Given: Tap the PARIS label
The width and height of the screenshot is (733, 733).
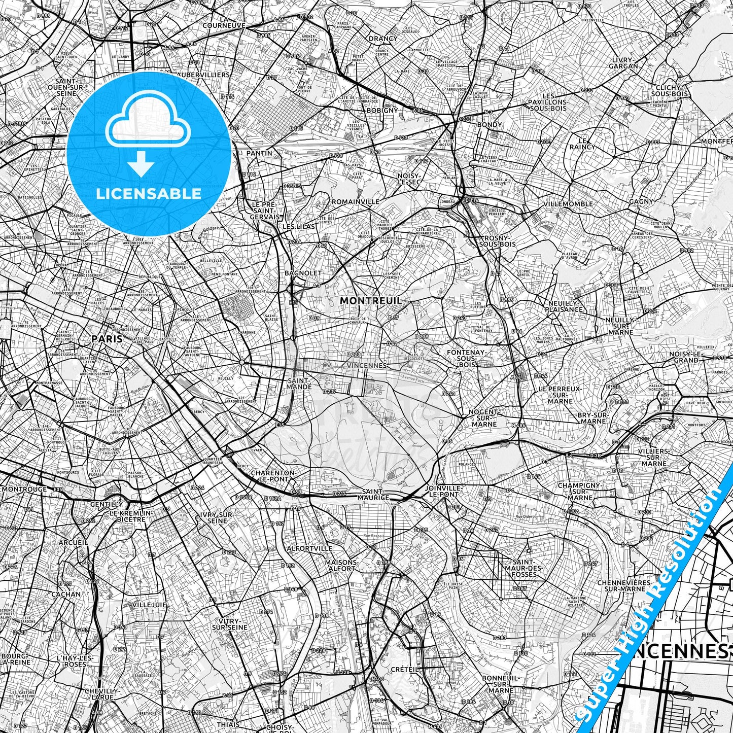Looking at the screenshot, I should tap(107, 338).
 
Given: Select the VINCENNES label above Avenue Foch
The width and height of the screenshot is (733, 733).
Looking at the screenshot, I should tap(368, 365).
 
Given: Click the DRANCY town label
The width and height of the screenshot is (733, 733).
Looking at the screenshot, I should tap(383, 39).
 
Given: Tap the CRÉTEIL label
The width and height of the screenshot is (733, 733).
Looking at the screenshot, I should tap(405, 669).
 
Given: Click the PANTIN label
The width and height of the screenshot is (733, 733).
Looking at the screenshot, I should tap(259, 153).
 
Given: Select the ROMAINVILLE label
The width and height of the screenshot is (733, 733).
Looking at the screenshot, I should tap(356, 201).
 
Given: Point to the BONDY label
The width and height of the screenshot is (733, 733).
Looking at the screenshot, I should tap(490, 124).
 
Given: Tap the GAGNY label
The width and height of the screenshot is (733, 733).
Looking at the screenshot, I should tap(641, 201).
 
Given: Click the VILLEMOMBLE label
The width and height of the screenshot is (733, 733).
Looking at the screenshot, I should tap(568, 204).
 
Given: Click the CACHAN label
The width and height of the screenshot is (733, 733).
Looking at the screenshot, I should tap(66, 594).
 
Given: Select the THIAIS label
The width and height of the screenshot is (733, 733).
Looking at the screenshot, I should tap(228, 725).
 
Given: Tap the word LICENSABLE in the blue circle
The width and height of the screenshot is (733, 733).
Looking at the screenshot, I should tap(148, 194).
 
